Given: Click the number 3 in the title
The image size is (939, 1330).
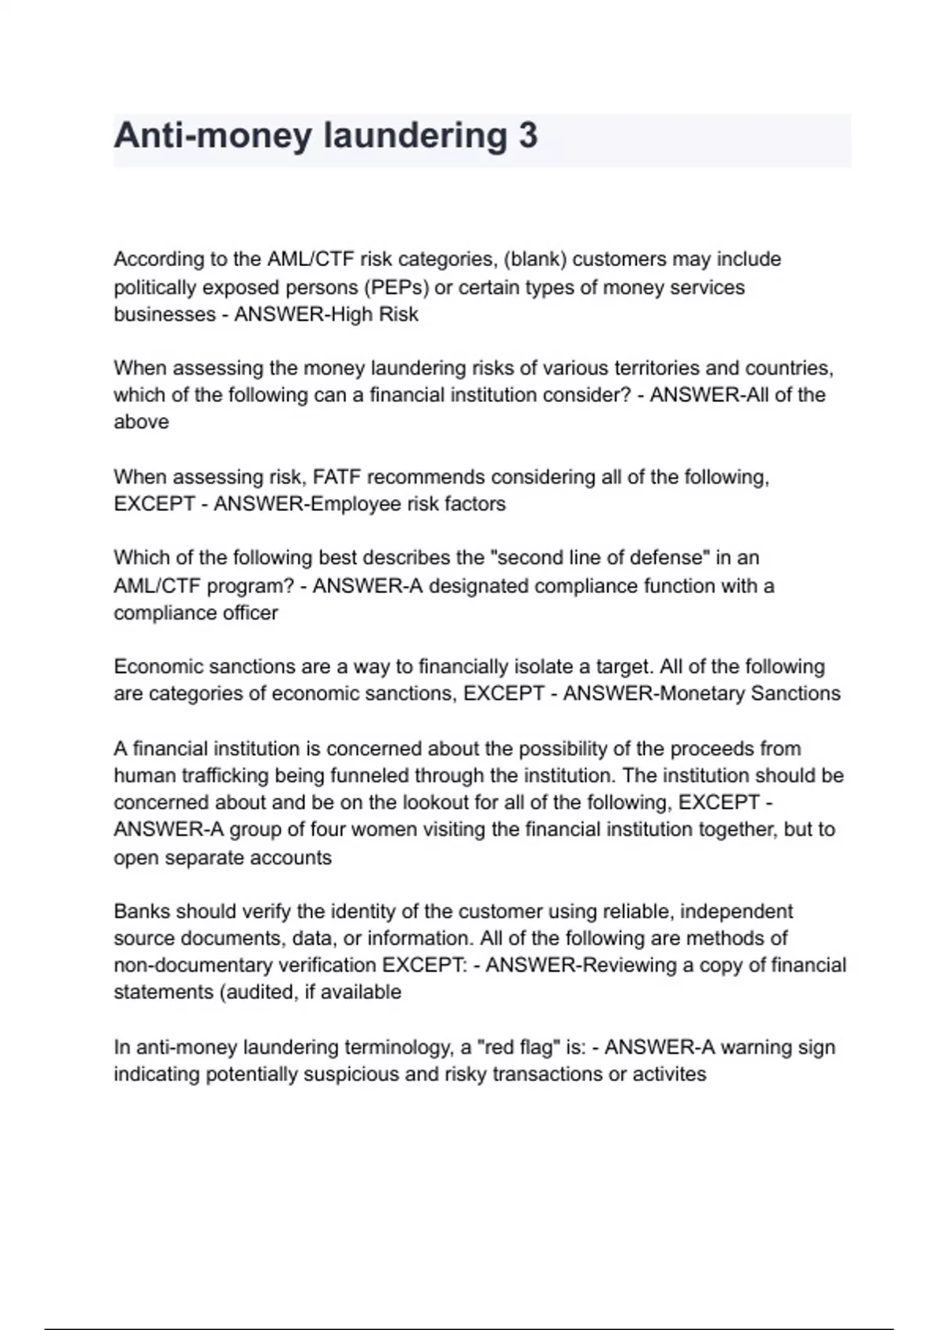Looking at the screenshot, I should (527, 135).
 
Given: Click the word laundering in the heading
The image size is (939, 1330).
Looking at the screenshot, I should (415, 135).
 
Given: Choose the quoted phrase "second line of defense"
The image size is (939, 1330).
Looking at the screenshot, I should (600, 558).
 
